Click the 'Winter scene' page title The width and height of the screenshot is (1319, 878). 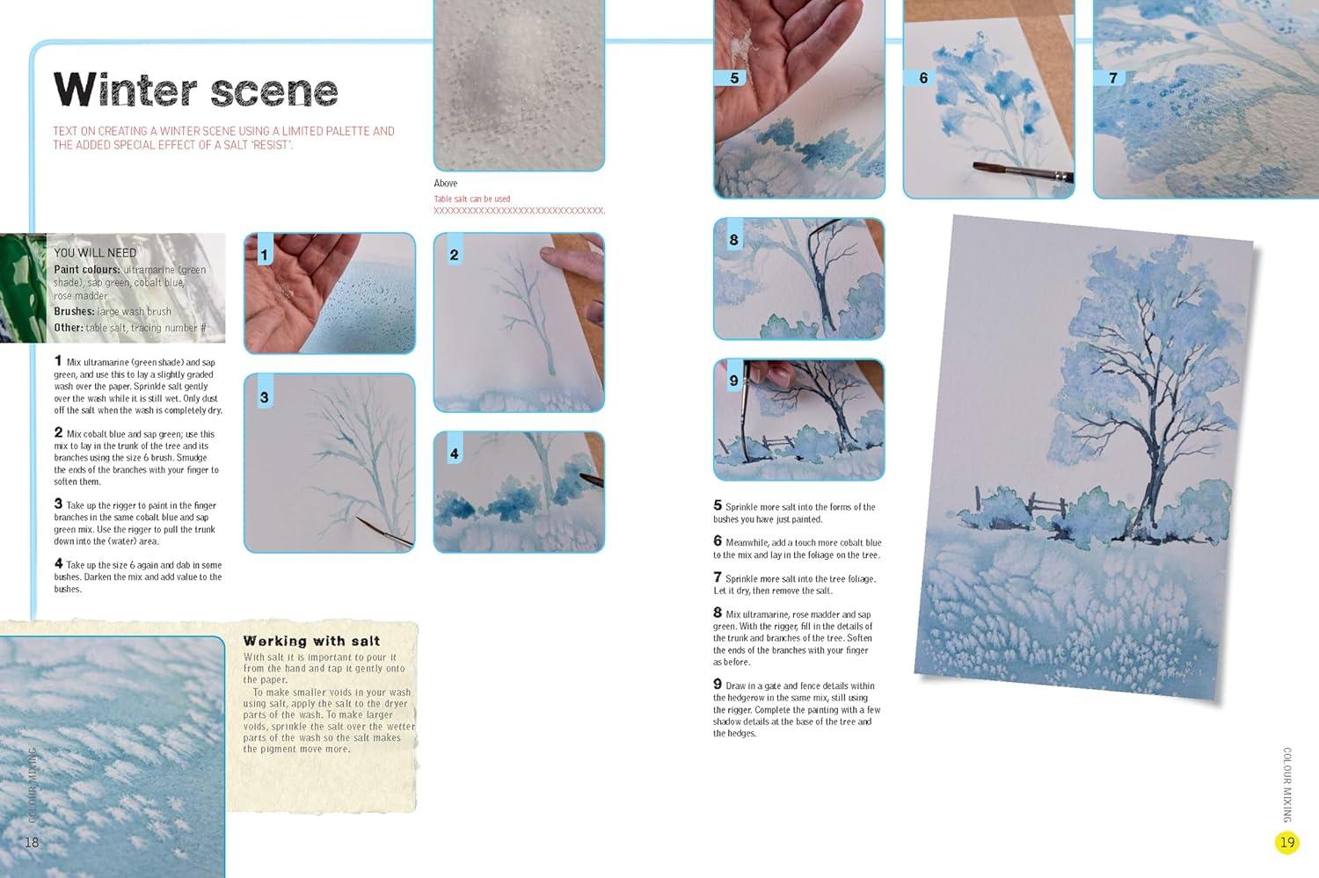coord(195,90)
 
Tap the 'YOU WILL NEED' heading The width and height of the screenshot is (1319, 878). coord(95,253)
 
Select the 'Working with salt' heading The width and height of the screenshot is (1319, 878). coord(311,641)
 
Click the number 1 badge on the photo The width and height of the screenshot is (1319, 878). coord(265,254)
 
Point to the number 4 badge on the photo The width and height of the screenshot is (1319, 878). coord(454,454)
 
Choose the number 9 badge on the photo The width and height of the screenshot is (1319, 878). coord(733,381)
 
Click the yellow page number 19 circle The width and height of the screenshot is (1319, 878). coord(1287,842)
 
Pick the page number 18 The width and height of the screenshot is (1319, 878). coord(31,842)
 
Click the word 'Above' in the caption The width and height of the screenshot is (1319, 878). coord(445,183)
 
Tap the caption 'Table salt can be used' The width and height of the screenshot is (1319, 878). coord(471,199)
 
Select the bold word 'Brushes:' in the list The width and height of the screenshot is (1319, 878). coord(74,311)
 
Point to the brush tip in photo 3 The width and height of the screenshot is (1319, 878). coord(358,519)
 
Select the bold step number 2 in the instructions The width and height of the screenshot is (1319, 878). coord(58,432)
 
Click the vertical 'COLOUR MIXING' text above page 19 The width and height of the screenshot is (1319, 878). coord(1287,785)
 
